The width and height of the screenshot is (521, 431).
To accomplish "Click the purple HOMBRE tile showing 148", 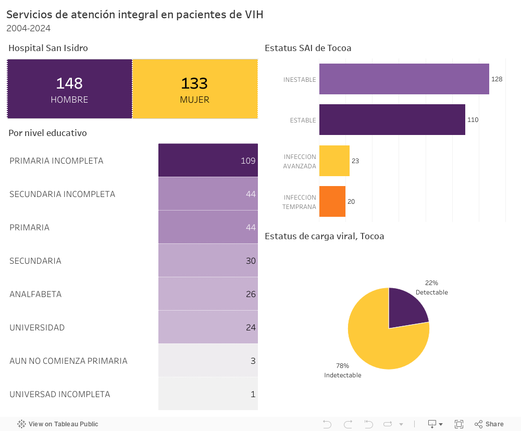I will tap(69, 89).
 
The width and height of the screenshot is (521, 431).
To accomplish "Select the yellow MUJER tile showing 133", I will tap(195, 89).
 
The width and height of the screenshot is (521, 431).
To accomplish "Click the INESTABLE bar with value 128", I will tap(404, 79).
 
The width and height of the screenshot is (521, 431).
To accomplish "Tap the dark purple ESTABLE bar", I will tap(392, 120).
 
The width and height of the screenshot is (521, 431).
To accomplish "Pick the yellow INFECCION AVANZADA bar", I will tap(334, 161).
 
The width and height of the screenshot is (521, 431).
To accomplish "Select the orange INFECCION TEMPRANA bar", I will tap(332, 201).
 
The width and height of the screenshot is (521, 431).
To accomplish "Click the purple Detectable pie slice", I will tap(406, 310).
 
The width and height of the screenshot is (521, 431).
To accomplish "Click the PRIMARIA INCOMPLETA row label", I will tap(56, 161).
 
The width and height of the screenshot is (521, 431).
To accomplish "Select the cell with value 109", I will tap(208, 161).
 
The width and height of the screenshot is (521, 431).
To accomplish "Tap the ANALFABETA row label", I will tap(35, 294).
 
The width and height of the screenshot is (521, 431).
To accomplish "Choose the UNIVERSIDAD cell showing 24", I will tap(208, 327).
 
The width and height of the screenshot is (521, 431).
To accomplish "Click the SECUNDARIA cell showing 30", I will tap(208, 261).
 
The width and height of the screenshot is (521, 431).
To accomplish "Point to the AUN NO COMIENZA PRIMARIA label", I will tap(68, 361).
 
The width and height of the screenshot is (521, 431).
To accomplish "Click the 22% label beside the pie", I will tap(431, 283).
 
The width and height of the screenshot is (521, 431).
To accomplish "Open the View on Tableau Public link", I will tap(58, 424).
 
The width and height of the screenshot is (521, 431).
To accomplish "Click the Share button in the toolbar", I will tap(489, 424).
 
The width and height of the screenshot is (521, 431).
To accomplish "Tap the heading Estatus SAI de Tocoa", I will tap(308, 48).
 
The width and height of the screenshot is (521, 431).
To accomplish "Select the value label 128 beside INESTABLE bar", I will tap(497, 79).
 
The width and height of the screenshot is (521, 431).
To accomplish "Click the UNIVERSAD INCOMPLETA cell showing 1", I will tap(208, 394).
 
